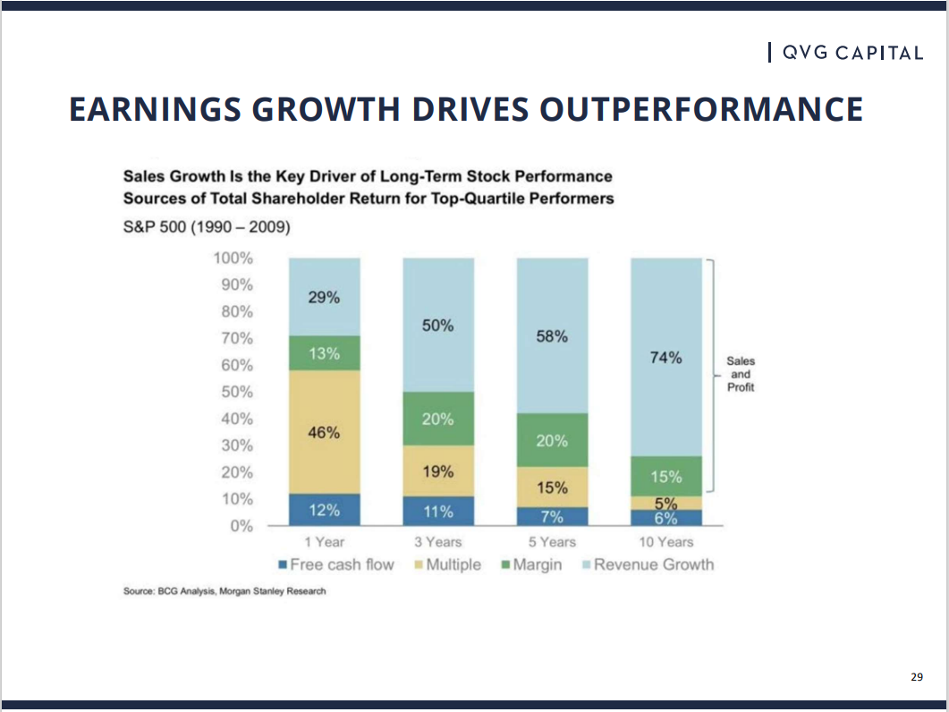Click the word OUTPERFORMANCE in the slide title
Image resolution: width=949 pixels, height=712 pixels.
700,109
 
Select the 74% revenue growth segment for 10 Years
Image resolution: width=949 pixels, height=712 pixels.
666,358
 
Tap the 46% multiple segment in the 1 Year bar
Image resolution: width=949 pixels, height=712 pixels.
324,432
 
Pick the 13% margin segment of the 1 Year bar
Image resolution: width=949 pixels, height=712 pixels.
324,353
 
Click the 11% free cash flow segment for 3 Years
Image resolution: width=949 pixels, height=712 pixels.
438,512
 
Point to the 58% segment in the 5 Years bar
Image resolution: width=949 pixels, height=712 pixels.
552,336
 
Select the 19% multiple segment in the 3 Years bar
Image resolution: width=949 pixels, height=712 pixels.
438,471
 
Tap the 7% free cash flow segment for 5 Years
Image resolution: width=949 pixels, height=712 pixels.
552,517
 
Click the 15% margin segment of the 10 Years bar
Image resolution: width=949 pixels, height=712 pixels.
666,477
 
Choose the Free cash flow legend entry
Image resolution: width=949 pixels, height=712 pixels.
335,564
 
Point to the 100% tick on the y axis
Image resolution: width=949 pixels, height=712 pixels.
233,258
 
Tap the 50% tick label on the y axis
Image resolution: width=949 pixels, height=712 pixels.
236,392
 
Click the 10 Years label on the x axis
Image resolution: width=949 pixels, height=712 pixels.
665,541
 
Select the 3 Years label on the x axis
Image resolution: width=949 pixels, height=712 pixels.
437,541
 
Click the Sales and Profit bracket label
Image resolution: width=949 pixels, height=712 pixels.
741,375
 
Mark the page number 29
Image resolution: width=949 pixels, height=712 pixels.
916,677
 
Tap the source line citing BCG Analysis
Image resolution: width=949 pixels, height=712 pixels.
225,592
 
